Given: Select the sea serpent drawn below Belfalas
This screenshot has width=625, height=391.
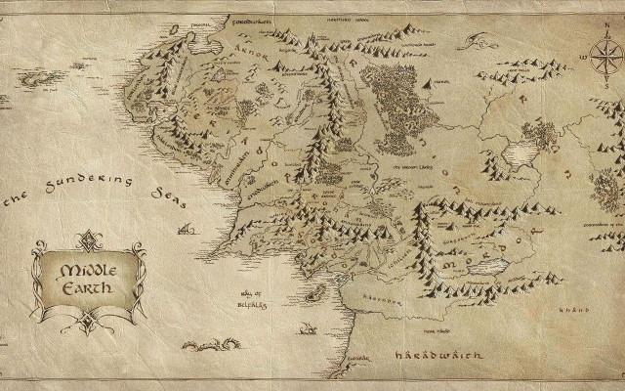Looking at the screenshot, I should [x=210, y=343].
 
